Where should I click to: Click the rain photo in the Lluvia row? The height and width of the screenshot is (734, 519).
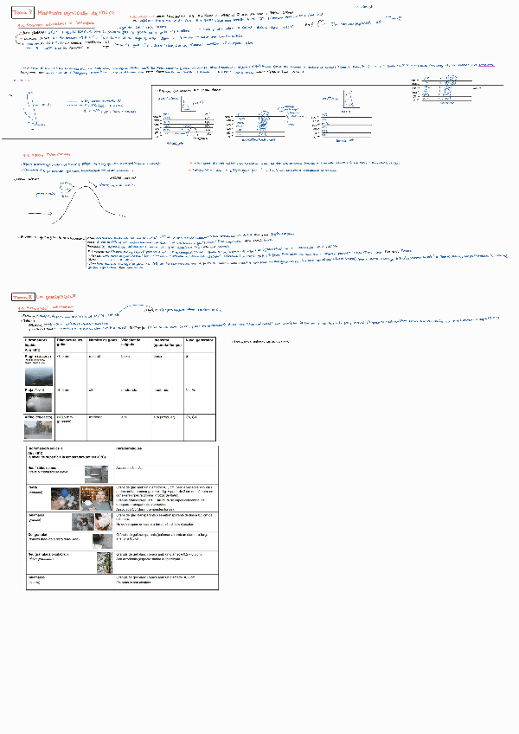point(39,401)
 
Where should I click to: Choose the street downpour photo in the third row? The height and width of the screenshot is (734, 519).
point(39,429)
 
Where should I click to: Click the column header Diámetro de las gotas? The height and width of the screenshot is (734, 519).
point(68,344)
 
